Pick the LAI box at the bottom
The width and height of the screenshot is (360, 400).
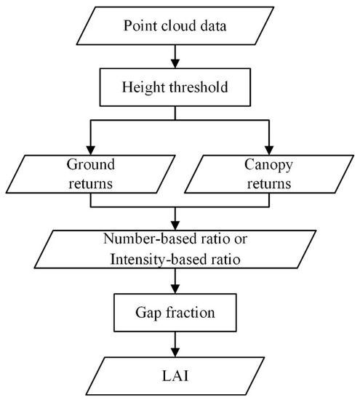click(175, 377)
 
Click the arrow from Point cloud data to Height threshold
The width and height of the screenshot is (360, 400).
click(175, 58)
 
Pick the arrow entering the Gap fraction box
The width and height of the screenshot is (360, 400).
click(175, 287)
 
